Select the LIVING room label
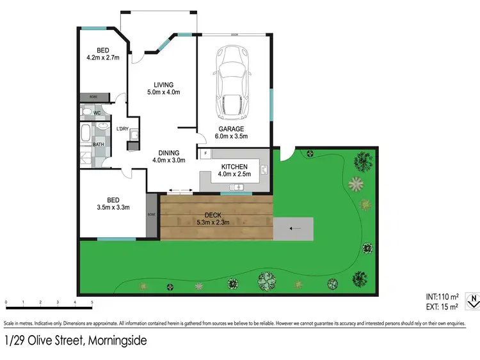[x=164, y=84]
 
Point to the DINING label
[x=169, y=152]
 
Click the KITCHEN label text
[x=235, y=166]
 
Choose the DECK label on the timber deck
[x=214, y=215]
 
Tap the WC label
[x=97, y=113]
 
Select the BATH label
[x=99, y=145]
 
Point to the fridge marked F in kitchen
[x=205, y=154]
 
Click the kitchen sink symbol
[x=239, y=187]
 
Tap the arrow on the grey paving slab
[x=294, y=227]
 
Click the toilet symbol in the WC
[x=87, y=113]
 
